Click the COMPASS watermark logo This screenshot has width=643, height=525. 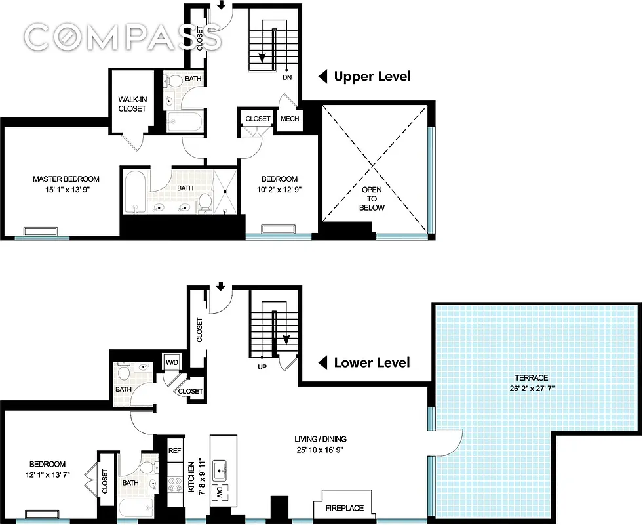click(x=123, y=37)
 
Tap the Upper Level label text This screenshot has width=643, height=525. click(x=372, y=77)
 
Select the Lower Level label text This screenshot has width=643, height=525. click(x=372, y=363)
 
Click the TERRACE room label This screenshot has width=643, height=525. click(x=531, y=377)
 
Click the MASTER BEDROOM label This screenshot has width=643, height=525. click(x=66, y=179)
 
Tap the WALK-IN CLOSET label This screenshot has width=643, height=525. click(x=132, y=104)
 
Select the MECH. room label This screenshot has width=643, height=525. click(x=290, y=119)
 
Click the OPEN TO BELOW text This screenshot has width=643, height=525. click(x=372, y=198)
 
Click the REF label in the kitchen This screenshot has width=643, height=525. click(x=174, y=451)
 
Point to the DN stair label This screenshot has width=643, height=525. click(x=286, y=77)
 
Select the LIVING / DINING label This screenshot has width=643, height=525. click(x=320, y=439)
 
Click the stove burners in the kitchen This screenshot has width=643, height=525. click(x=175, y=485)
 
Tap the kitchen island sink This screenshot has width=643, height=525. click(x=220, y=471)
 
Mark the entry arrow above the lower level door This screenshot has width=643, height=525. click(x=221, y=286)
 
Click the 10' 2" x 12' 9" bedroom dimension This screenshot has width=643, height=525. click(x=280, y=190)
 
